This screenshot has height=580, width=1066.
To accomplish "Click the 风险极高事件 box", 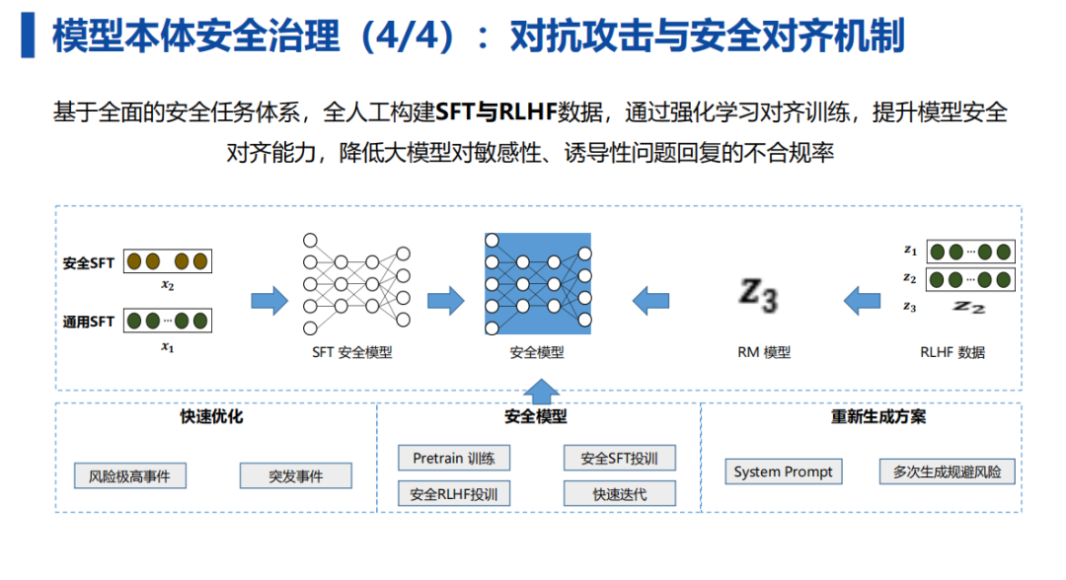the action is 130,476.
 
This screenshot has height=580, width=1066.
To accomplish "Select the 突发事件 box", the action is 296,476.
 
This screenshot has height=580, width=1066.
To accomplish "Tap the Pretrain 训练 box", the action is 454,458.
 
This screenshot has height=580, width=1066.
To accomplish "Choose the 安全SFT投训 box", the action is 619,458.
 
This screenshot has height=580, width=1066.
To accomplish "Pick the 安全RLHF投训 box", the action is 454,494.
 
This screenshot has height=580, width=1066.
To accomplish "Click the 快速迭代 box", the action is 619,494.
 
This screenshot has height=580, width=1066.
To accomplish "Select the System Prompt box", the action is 783,471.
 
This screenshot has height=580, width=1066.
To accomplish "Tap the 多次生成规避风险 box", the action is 947,471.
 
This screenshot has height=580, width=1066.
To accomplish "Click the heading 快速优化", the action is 211,416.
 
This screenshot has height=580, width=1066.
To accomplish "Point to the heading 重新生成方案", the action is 878,416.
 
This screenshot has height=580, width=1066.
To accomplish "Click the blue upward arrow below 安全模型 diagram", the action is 541,393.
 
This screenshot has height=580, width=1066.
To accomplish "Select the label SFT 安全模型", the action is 352,352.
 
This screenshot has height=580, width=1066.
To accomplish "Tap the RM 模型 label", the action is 764,352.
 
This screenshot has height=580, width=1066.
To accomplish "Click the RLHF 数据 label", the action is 952,352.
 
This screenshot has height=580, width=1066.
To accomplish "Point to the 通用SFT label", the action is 89,322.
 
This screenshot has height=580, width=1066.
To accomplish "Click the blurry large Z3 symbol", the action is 759,296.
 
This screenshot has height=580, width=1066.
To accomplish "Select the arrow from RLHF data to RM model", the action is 862,300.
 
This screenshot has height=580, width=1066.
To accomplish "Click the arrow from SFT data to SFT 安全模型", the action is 269,300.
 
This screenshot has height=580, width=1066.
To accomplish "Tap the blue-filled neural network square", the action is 538,284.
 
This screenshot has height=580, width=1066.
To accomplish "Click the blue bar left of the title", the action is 28,35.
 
